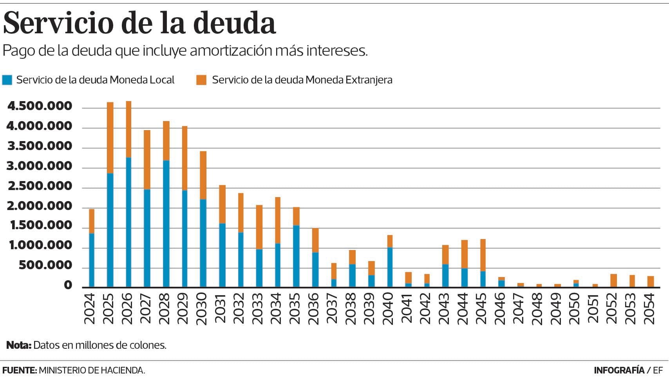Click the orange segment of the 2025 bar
click(x=110, y=137)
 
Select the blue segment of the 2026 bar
click(x=128, y=222)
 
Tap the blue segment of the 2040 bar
click(x=390, y=267)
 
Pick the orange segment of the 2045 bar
click(x=483, y=255)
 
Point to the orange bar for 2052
click(x=613, y=281)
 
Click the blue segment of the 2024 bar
click(x=92, y=260)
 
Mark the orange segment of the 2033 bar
click(x=259, y=227)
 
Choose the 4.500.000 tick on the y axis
click(x=40, y=106)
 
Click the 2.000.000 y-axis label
click(x=40, y=206)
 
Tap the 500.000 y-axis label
click(x=46, y=266)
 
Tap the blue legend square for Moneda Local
click(x=7, y=80)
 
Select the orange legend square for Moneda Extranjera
click(x=201, y=80)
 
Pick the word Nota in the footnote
click(x=18, y=345)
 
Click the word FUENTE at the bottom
click(x=19, y=370)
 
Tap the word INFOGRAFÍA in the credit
click(x=619, y=370)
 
